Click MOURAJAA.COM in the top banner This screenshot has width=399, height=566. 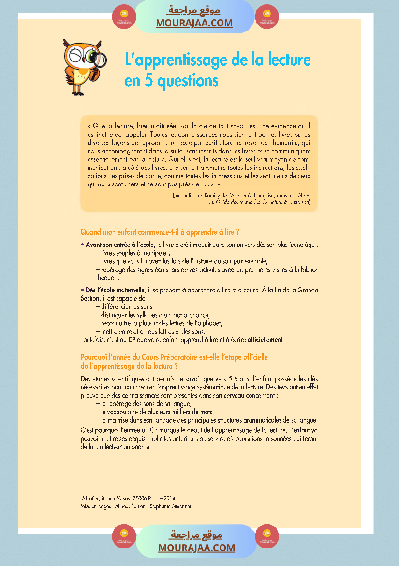[x=194, y=23]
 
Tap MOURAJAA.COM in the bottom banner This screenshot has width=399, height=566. [x=196, y=548]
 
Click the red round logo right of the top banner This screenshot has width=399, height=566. [x=267, y=16]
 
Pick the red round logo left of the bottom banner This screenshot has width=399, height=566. [x=124, y=536]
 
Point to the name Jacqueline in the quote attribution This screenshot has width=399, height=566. [x=189, y=195]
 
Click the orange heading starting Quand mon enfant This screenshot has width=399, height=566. [x=160, y=232]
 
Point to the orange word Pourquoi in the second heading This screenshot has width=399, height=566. [x=94, y=357]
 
